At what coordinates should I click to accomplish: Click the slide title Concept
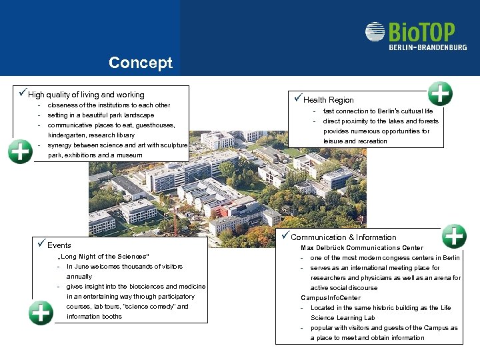point(140,63)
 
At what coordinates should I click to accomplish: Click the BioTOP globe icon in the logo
point(375,32)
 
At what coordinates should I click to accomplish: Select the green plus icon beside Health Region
point(440,94)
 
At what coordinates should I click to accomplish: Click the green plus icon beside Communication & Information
point(455,236)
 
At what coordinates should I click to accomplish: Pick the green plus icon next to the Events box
point(41,312)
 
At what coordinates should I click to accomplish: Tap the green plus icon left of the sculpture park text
point(20,151)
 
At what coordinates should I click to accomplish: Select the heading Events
point(59,245)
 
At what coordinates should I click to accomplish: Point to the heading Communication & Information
point(343,237)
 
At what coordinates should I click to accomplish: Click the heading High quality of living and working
point(86,95)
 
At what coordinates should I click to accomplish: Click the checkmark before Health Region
point(298,99)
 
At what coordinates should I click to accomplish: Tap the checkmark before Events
point(41,245)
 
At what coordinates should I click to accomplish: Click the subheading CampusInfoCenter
point(331,298)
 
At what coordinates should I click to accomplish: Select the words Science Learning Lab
point(343,318)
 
